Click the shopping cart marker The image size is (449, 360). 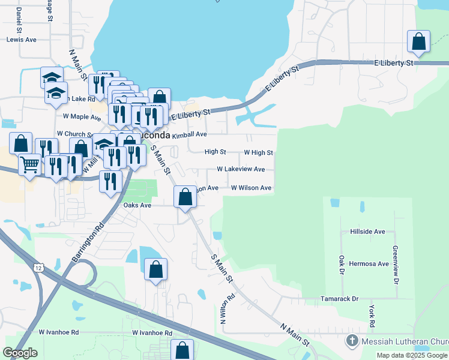coord(29,164)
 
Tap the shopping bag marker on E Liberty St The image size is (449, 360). coord(419,42)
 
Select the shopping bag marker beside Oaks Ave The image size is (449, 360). coord(185,197)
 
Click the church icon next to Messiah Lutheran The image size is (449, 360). coord(353,341)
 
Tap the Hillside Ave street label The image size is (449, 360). coord(367,232)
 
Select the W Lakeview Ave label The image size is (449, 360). coord(241,170)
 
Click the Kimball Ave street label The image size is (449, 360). coord(189,135)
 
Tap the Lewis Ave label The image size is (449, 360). coord(22,40)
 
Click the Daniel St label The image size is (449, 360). coord(20,20)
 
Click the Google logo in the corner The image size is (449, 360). coord(20,353)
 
